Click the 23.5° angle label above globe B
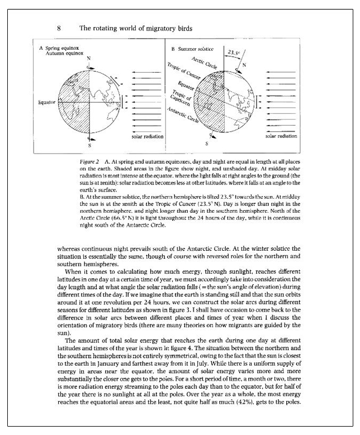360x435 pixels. pyautogui.click(x=232, y=52)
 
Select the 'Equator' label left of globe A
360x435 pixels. pyautogui.click(x=46, y=103)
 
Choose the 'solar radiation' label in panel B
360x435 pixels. pyautogui.click(x=281, y=135)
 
